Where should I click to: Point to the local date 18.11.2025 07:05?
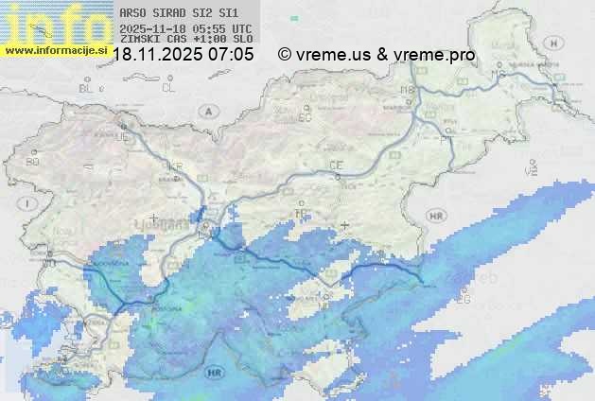184,55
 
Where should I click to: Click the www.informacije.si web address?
55,49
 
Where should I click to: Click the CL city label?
168,87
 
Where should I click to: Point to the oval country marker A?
206,111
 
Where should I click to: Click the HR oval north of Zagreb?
436,216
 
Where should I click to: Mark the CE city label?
335,166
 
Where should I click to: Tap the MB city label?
408,90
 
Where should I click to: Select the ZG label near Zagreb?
463,300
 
